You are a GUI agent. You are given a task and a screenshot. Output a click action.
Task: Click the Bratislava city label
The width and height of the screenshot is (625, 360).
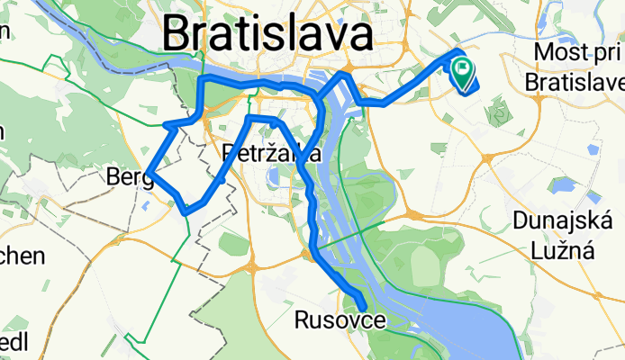(267, 36)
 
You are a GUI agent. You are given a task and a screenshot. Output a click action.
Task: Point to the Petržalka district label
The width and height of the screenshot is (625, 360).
(271, 155)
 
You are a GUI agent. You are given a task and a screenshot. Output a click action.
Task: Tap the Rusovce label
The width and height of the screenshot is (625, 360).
(338, 320)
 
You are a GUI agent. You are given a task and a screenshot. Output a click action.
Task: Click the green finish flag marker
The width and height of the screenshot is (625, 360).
(464, 69)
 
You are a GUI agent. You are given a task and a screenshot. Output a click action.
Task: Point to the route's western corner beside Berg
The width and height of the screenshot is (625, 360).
(151, 169)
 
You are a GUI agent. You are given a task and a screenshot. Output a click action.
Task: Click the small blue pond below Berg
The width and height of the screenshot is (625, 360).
(146, 203)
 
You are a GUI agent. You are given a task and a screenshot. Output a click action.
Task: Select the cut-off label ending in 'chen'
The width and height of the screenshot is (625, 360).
(20, 256)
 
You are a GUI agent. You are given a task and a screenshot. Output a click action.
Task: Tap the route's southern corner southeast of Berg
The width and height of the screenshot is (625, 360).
(186, 211)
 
